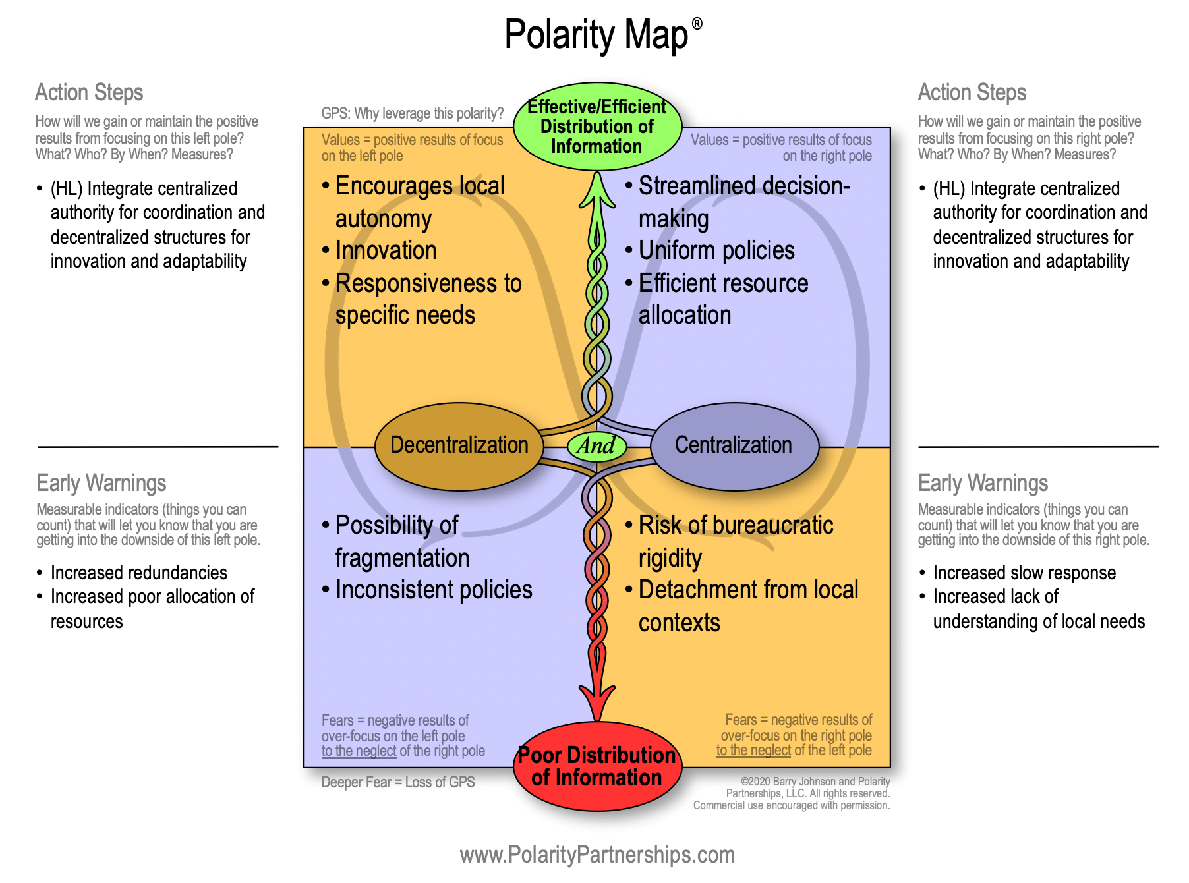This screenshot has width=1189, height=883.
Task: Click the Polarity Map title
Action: click(596, 34)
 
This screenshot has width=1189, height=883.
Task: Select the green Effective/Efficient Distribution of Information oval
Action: click(596, 127)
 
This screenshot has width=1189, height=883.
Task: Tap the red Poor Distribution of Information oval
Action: click(596, 766)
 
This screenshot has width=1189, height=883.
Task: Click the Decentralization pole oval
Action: click(459, 445)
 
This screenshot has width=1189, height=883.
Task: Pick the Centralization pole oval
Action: click(734, 445)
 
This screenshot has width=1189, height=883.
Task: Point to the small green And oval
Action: click(596, 446)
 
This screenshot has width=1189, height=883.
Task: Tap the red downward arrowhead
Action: click(597, 702)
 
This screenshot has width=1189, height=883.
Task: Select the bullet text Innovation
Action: click(386, 250)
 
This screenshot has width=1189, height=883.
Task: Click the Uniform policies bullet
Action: click(716, 250)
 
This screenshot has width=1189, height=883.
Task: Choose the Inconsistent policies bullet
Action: click(434, 590)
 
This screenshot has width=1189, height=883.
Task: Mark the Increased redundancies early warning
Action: click(138, 573)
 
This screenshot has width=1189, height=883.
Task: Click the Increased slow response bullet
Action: click(1024, 573)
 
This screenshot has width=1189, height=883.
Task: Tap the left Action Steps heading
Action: click(89, 92)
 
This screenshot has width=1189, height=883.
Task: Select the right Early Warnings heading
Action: click(983, 483)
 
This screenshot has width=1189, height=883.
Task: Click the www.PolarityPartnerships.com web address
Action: click(597, 855)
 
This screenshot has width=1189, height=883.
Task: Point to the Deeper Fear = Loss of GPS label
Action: click(398, 782)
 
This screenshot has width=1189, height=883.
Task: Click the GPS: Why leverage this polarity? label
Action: click(413, 113)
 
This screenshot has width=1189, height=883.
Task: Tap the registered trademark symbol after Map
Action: click(697, 24)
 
